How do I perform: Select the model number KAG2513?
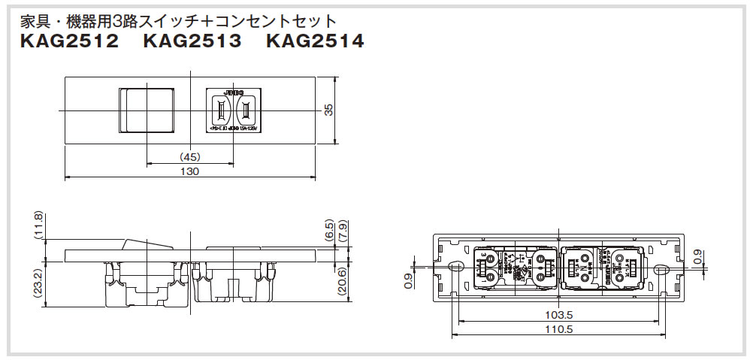192,42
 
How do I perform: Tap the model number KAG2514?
315,42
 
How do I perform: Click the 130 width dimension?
190,171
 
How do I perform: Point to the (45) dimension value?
190,157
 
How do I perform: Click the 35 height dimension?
328,110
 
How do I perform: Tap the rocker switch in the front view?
148,110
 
